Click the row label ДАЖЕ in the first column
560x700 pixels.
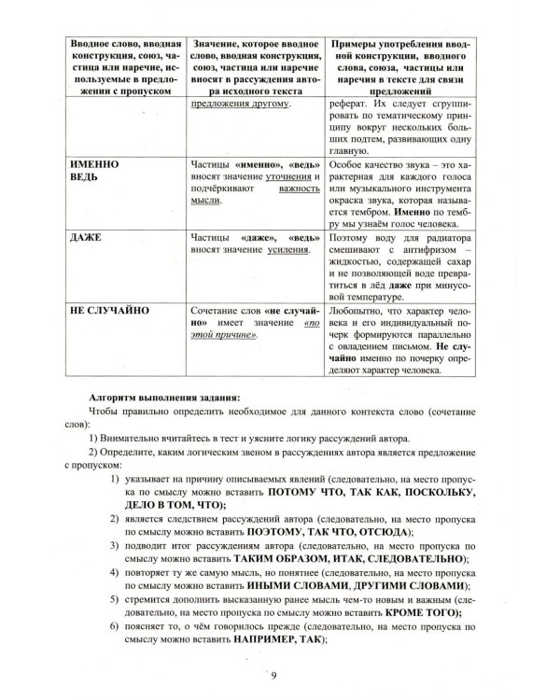(x=85, y=237)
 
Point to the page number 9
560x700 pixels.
(x=273, y=675)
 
